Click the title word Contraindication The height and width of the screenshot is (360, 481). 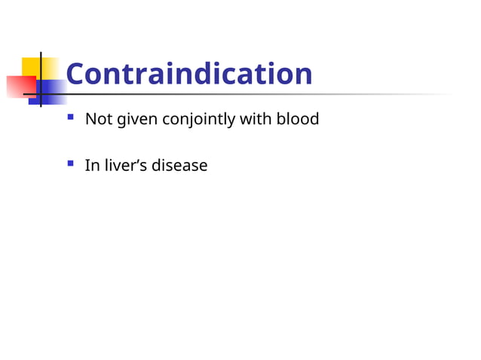pyautogui.click(x=188, y=74)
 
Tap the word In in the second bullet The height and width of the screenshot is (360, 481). pyautogui.click(x=91, y=165)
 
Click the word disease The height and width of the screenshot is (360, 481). pyautogui.click(x=179, y=165)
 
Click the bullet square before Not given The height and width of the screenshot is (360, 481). pyautogui.click(x=70, y=117)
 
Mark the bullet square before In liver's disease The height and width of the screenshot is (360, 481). pyautogui.click(x=70, y=163)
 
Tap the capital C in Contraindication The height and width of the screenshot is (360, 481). pyautogui.click(x=75, y=74)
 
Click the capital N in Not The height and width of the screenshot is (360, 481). pyautogui.click(x=90, y=119)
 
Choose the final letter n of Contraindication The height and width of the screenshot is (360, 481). pyautogui.click(x=304, y=75)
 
